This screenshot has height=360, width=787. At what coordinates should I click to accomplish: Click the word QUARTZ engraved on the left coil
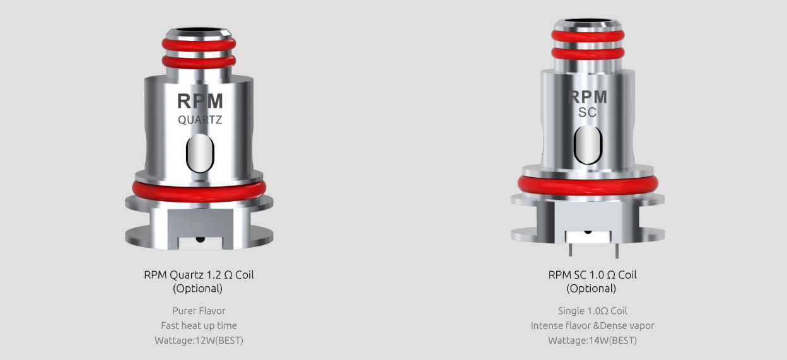click(199, 120)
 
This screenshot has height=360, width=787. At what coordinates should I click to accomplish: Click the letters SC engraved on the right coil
click(587, 113)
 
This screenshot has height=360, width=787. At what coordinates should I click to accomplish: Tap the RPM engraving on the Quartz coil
click(199, 102)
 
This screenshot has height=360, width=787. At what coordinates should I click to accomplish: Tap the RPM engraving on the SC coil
click(587, 96)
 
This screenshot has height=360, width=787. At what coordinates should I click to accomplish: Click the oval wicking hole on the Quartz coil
click(199, 154)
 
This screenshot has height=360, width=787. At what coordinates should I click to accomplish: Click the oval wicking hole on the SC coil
click(587, 141)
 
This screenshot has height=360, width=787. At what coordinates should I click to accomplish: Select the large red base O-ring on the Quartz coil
click(199, 190)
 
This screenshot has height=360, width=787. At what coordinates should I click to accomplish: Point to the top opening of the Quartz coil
click(199, 29)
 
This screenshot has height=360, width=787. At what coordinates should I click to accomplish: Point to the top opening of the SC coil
click(587, 23)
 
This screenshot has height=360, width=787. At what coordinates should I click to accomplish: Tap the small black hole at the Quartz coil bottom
click(200, 239)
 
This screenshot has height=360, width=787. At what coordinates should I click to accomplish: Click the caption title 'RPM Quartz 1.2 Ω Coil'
click(199, 275)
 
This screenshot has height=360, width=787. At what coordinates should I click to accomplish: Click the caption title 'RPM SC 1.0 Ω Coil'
click(592, 275)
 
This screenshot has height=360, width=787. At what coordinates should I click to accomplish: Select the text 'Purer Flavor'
click(199, 311)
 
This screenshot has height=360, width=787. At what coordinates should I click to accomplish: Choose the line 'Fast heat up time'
click(199, 325)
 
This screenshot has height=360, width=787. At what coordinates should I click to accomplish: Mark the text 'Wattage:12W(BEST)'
click(199, 340)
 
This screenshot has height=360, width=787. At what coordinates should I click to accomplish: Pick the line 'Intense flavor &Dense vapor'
click(592, 325)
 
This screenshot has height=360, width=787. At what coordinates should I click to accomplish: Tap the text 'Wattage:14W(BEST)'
click(592, 340)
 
